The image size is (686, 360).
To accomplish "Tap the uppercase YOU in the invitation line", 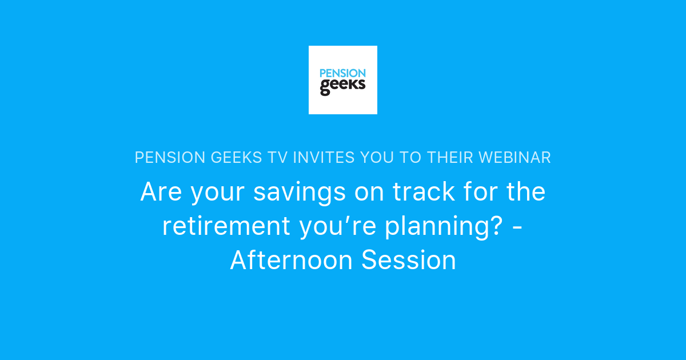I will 373,158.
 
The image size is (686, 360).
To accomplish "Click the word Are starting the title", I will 162,192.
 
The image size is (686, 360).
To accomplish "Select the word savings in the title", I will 300,193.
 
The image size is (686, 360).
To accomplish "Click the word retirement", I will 226,226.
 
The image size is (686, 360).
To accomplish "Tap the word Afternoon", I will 291,261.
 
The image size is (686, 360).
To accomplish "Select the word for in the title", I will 479,192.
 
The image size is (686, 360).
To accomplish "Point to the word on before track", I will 369,193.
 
